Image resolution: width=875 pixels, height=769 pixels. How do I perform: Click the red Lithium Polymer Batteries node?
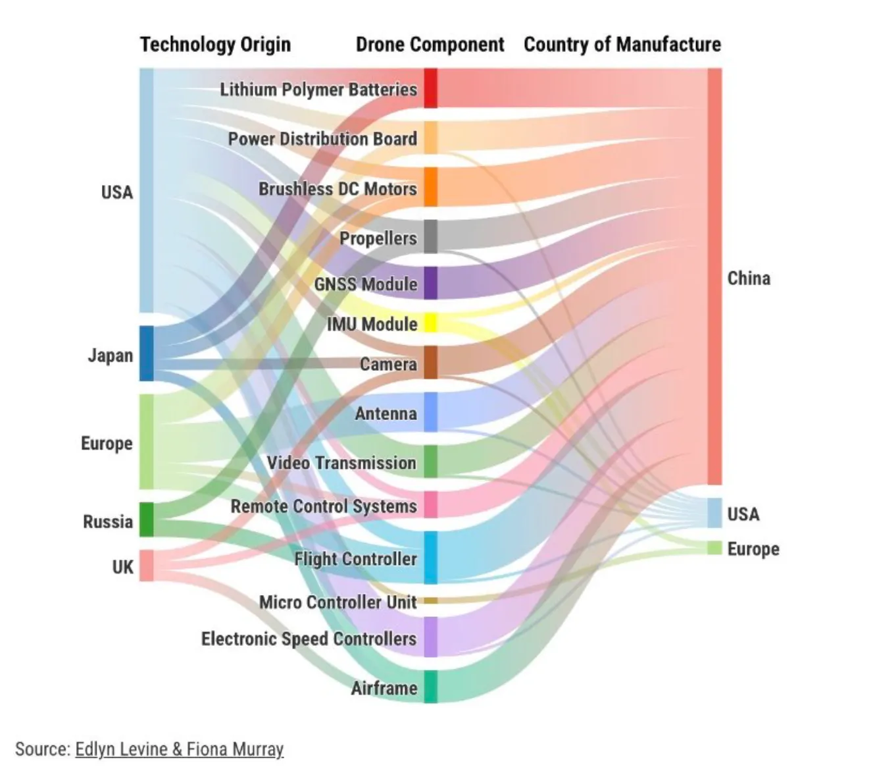pyautogui.click(x=430, y=88)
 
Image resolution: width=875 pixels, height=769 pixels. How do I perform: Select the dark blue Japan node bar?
pyautogui.click(x=146, y=354)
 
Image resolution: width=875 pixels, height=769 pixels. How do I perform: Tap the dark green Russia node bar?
pyautogui.click(x=146, y=520)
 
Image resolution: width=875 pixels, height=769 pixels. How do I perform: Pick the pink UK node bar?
pyautogui.click(x=146, y=566)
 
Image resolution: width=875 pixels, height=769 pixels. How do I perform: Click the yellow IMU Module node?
pyautogui.click(x=430, y=323)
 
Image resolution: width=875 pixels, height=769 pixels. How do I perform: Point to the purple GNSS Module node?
pyautogui.click(x=430, y=283)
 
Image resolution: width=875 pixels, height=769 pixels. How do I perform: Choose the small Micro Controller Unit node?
pyautogui.click(x=430, y=600)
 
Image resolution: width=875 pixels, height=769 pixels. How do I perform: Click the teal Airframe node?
pyautogui.click(x=430, y=687)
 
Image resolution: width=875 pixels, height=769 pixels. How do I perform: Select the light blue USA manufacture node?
pyautogui.click(x=714, y=513)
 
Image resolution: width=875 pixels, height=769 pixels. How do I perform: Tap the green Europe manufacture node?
pyautogui.click(x=714, y=548)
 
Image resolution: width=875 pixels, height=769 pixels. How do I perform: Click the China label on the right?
pyautogui.click(x=749, y=278)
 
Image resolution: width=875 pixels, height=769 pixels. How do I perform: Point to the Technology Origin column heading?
pyautogui.click(x=215, y=45)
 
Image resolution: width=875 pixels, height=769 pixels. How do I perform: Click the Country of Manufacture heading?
pyautogui.click(x=622, y=45)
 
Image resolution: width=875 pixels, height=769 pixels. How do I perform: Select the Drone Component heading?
pyautogui.click(x=430, y=45)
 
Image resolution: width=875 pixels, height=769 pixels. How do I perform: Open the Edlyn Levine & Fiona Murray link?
pyautogui.click(x=179, y=749)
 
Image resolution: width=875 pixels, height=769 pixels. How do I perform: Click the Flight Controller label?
pyautogui.click(x=355, y=559)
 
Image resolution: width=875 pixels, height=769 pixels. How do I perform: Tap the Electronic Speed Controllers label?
pyautogui.click(x=309, y=639)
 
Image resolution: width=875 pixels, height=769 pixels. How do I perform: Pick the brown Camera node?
pyautogui.click(x=430, y=363)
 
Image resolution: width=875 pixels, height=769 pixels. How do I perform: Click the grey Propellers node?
pyautogui.click(x=430, y=236)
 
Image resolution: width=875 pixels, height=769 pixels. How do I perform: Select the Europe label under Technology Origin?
pyautogui.click(x=107, y=443)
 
